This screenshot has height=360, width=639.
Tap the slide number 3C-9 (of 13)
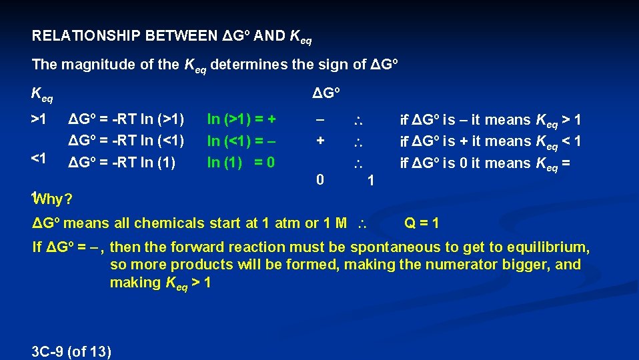tap(72, 351)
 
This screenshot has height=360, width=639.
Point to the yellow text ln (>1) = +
tap(241, 120)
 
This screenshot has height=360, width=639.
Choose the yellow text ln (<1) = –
tap(241, 141)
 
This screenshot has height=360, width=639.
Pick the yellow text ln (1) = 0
tap(241, 162)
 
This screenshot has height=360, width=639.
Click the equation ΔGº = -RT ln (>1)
tap(127, 120)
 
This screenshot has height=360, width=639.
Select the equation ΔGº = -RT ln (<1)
tap(127, 141)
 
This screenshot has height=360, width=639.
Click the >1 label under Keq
tap(39, 120)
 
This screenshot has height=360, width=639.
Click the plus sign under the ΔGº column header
tap(321, 141)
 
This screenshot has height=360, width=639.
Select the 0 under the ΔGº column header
tap(321, 179)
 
